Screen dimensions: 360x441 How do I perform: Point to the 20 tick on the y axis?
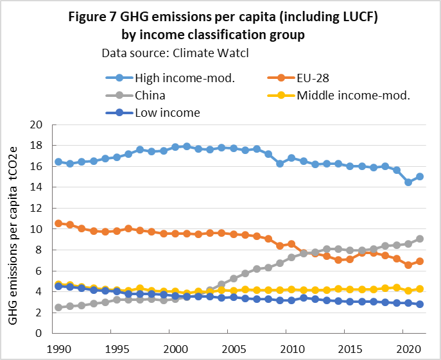pyautogui.click(x=38, y=124)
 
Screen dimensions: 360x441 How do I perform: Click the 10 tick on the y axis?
pyautogui.click(x=38, y=229)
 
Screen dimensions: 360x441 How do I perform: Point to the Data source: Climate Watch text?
pyautogui.click(x=175, y=53)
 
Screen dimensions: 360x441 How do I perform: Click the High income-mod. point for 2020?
pyautogui.click(x=408, y=182)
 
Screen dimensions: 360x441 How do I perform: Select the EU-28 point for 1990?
pyautogui.click(x=58, y=223)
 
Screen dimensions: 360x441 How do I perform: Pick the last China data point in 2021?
pyautogui.click(x=420, y=239)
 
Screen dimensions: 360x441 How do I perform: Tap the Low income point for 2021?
pyautogui.click(x=420, y=304)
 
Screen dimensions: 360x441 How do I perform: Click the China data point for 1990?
pyautogui.click(x=58, y=307)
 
